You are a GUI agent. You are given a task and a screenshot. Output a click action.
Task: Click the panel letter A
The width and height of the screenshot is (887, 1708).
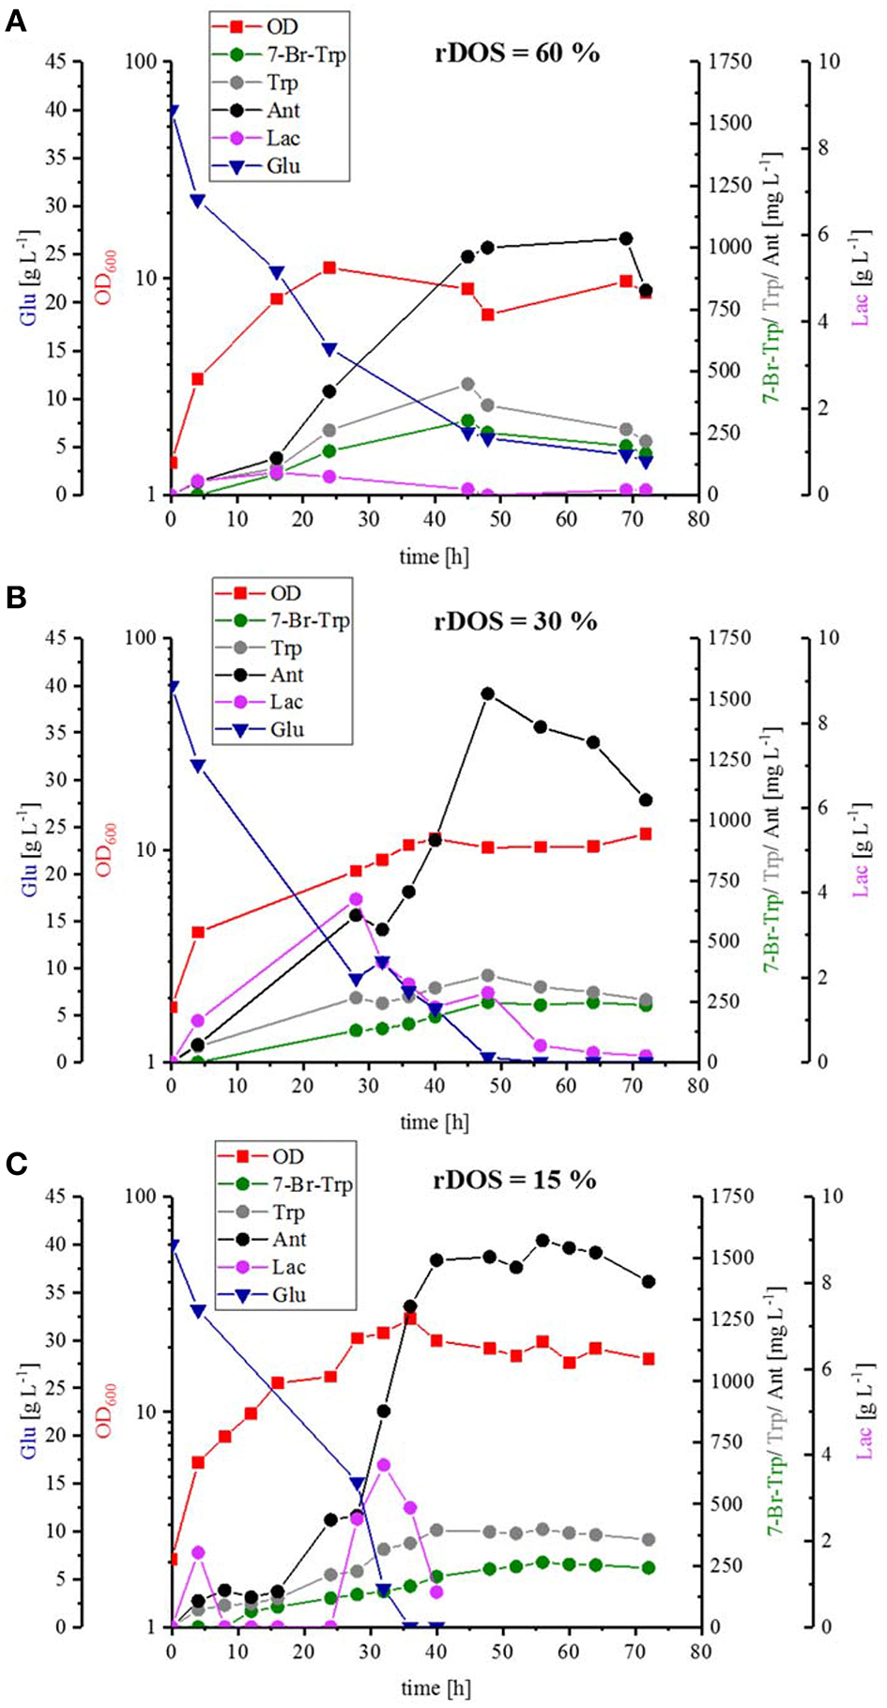pos(15,21)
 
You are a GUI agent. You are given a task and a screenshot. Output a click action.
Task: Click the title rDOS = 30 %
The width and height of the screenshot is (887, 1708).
pos(514,621)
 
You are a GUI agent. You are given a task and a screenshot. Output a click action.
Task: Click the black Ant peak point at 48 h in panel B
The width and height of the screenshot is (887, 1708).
pos(487,694)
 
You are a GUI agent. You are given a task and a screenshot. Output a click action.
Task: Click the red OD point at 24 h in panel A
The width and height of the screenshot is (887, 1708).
pos(329,268)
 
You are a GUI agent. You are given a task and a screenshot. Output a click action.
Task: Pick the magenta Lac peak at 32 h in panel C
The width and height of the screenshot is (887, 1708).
pos(383,1465)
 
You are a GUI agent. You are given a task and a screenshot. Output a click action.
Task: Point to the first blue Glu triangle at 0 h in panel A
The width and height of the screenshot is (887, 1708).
pos(171,111)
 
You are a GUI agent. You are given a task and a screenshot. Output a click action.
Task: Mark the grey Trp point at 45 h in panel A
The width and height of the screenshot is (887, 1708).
pos(467,384)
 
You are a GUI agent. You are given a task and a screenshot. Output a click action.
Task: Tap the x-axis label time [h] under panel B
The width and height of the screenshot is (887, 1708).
pos(434,1121)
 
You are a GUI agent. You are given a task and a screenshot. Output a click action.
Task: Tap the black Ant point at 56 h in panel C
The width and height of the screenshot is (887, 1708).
pos(542,1241)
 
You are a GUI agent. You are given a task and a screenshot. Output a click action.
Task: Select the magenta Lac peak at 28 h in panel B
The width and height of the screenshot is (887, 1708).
pos(356,899)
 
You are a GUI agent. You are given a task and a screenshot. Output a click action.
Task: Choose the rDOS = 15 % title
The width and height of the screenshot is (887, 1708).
pos(514,1180)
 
